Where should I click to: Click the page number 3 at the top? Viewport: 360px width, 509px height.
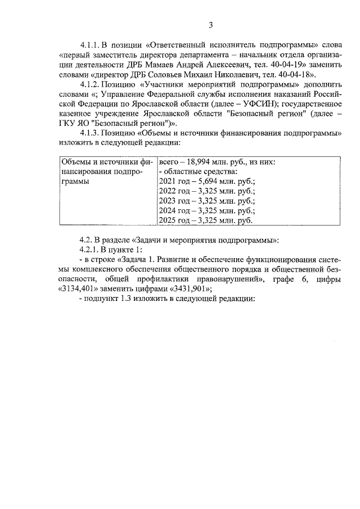coord(210,25)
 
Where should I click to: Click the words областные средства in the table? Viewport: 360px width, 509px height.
coord(201,171)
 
